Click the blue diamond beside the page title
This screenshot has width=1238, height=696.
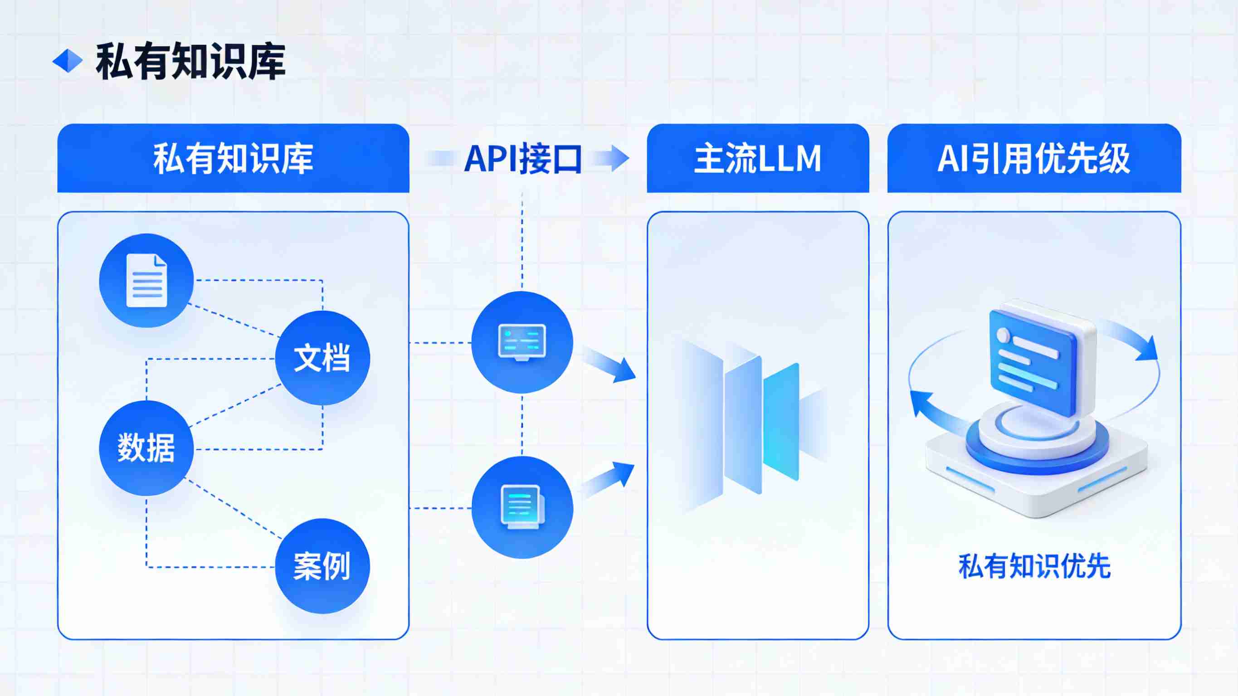tap(67, 61)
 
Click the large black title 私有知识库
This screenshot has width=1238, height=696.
tap(191, 61)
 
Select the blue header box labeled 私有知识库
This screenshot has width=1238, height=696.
tap(233, 158)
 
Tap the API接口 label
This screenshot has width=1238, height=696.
tap(523, 159)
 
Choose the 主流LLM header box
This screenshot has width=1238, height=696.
tap(758, 158)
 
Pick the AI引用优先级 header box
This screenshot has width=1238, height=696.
tap(1034, 158)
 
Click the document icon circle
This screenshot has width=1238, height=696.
tap(146, 281)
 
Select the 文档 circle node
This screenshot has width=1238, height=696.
tap(322, 358)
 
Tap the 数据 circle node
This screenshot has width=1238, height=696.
tap(146, 448)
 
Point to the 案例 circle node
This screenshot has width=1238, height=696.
tap(322, 566)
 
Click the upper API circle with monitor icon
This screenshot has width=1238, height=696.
tap(522, 342)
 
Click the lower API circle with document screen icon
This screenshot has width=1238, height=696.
tap(522, 507)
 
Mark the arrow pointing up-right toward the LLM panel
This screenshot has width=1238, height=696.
tap(609, 479)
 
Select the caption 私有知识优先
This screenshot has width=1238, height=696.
tap(1034, 566)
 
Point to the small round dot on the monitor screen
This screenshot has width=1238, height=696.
tap(1004, 335)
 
